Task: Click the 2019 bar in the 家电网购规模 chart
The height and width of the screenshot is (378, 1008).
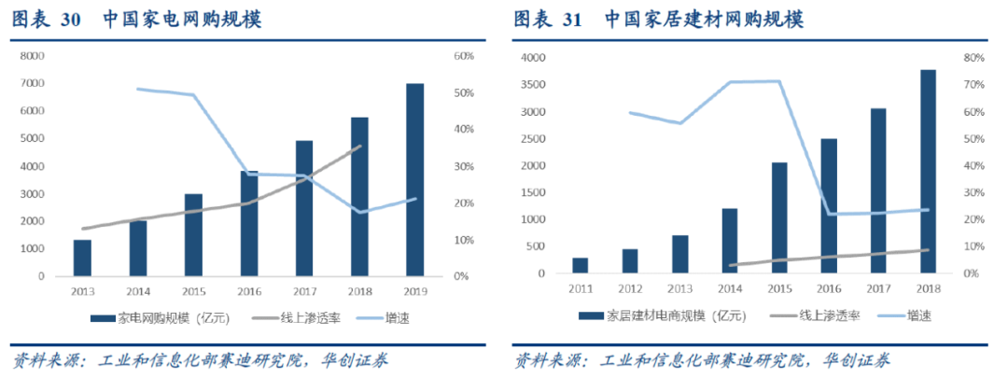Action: [x=414, y=180]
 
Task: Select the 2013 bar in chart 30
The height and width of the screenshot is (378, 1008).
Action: [x=82, y=258]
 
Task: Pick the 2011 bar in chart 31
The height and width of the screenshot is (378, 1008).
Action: [x=581, y=266]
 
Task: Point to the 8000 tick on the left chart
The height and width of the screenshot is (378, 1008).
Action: [x=32, y=56]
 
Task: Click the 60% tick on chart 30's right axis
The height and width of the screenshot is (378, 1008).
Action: [x=464, y=57]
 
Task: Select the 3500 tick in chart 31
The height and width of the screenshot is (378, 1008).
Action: [x=534, y=85]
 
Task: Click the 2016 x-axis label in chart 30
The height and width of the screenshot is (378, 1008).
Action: [x=249, y=291]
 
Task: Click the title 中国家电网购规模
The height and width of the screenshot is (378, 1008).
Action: [x=183, y=20]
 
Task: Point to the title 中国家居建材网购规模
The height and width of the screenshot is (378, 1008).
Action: [x=704, y=20]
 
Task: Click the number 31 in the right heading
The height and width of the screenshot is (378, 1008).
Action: [x=572, y=20]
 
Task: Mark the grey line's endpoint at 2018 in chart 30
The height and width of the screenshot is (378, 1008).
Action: [x=360, y=146]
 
